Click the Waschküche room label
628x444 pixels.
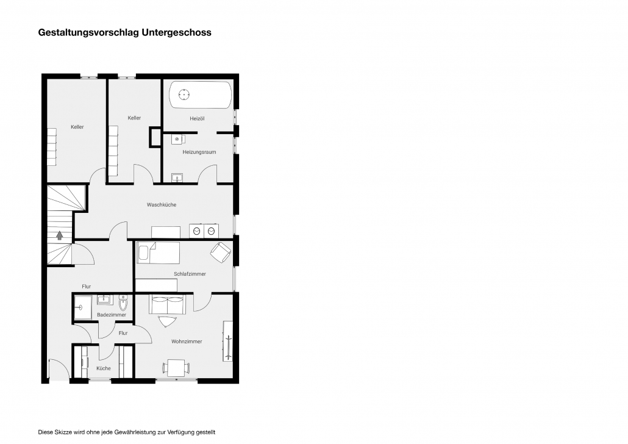click(x=162, y=205)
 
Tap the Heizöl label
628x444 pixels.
click(x=197, y=118)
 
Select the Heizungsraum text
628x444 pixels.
click(x=199, y=152)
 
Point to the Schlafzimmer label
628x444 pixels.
click(x=190, y=274)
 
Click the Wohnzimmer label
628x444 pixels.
click(x=187, y=342)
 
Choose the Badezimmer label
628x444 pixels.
click(x=112, y=315)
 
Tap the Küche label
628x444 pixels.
click(x=103, y=368)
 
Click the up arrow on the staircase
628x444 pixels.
click(x=60, y=235)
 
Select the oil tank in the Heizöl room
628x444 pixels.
click(x=200, y=95)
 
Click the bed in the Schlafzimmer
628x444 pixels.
click(x=158, y=252)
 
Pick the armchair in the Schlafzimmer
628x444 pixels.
click(x=221, y=252)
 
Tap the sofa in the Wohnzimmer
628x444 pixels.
click(x=168, y=304)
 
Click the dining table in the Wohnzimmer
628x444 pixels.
click(x=176, y=368)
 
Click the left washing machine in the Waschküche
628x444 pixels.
click(x=196, y=231)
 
